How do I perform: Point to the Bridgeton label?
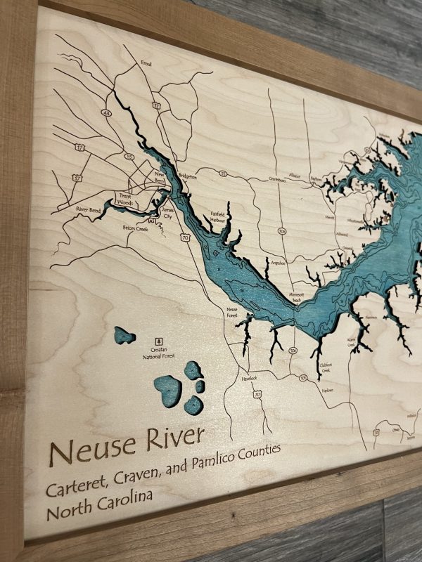click(x=188, y=177)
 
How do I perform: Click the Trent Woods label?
click(x=124, y=199)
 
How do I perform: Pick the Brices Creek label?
click(x=136, y=228)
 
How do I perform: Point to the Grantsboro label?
click(x=261, y=178)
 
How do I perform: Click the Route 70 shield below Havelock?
click(x=257, y=395)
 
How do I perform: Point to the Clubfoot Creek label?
click(x=325, y=367)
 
